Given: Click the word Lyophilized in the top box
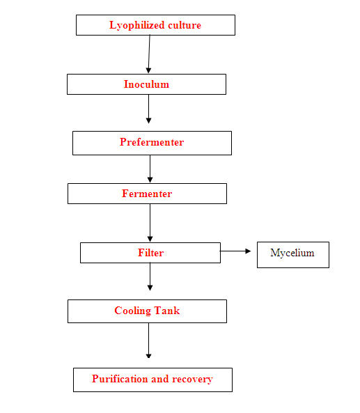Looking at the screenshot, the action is tap(137, 26).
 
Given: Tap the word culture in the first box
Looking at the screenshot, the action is tap(185, 25).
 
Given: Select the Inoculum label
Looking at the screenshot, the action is tap(146, 84).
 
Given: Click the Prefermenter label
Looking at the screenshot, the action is tap(152, 142).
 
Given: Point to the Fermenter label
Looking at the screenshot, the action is tap(147, 194).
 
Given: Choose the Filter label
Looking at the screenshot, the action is tap(150, 253).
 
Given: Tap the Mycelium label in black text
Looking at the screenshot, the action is tap(292, 253).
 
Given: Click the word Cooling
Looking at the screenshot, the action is tap(133, 311).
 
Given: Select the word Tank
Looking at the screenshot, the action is tap(166, 311).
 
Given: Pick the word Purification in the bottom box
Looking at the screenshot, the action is tap(120, 379).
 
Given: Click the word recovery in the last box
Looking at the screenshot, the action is tap(192, 380).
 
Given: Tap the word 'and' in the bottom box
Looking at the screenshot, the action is tap(160, 379).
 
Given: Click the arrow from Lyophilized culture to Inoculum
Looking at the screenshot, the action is tap(149, 54).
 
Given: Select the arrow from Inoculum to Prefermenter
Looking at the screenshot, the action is tap(148, 109).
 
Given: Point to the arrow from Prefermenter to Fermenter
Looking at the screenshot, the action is tap(150, 169).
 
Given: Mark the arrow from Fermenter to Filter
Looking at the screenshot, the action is tap(150, 223).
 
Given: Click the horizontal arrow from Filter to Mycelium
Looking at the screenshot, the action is tap(235, 251).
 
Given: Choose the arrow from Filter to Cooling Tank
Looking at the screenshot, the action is tap(150, 276).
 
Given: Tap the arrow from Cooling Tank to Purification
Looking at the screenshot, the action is tap(148, 341).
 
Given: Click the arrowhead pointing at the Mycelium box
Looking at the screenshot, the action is tap(248, 251).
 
